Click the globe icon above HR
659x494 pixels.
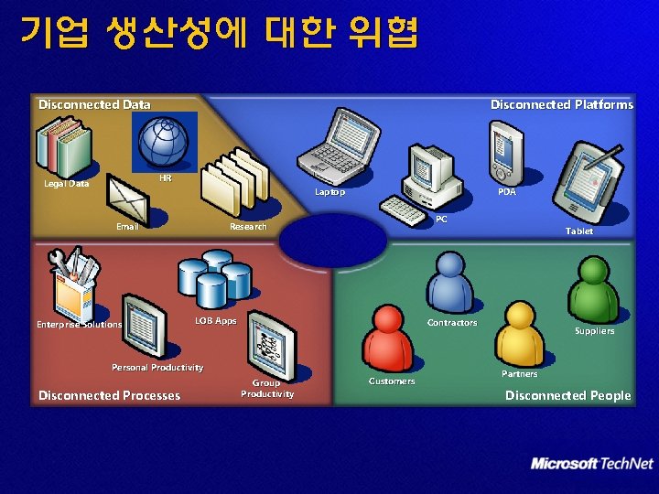[x=164, y=142]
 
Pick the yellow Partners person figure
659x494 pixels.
[x=520, y=333]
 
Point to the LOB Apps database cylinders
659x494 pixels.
[x=214, y=278]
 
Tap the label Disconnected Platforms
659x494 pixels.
[x=561, y=104]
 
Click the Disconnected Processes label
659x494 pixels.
[x=110, y=395]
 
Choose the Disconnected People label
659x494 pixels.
[x=567, y=395]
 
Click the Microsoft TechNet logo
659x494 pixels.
[x=592, y=464]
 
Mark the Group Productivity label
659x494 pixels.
[x=267, y=389]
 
